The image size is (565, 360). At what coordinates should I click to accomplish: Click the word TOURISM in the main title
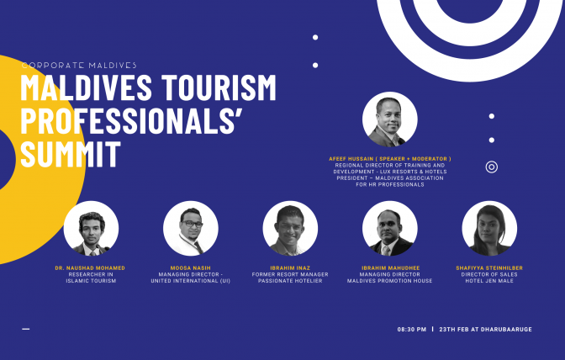pyautogui.click(x=219, y=87)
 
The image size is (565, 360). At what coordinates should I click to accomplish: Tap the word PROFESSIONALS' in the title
pyautogui.click(x=131, y=120)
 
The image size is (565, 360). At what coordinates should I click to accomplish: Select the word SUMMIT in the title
pyautogui.click(x=71, y=154)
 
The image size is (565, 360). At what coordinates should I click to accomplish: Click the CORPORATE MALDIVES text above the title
pyautogui.click(x=79, y=66)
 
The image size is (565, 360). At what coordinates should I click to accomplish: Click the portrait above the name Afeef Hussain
pyautogui.click(x=390, y=119)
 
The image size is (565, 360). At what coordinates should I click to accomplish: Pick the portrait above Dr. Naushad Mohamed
pyautogui.click(x=91, y=229)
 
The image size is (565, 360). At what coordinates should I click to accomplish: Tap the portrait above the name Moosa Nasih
pyautogui.click(x=191, y=229)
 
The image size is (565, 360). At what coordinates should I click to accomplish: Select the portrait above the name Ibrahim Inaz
pyautogui.click(x=290, y=229)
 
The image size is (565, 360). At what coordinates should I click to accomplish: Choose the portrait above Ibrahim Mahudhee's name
pyautogui.click(x=390, y=229)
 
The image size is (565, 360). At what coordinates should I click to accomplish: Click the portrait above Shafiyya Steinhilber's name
pyautogui.click(x=489, y=229)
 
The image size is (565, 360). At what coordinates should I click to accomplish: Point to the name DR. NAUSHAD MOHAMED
pyautogui.click(x=90, y=268)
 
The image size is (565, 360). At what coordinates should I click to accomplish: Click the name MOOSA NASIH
pyautogui.click(x=191, y=268)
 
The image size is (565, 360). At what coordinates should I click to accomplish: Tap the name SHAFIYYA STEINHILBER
pyautogui.click(x=489, y=268)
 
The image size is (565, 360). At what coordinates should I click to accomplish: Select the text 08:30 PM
pyautogui.click(x=412, y=330)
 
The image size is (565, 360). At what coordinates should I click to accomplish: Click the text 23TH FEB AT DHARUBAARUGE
pyautogui.click(x=485, y=330)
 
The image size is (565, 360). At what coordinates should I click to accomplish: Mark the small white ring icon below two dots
pyautogui.click(x=492, y=167)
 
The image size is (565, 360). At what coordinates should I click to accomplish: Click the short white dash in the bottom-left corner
pyautogui.click(x=25, y=329)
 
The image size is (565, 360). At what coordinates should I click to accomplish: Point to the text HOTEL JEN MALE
pyautogui.click(x=489, y=281)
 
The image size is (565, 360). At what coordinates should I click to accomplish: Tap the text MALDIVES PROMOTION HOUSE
pyautogui.click(x=390, y=281)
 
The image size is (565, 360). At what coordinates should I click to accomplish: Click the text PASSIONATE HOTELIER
pyautogui.click(x=290, y=281)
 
